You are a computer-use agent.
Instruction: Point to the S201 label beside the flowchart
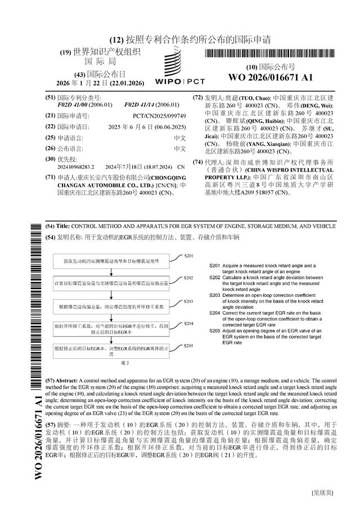click(189, 255)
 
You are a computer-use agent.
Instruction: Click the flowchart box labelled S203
click(111, 307)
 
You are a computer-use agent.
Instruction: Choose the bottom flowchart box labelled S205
click(111, 352)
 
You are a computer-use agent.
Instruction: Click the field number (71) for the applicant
click(50, 177)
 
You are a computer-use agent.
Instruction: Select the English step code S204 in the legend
click(214, 312)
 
